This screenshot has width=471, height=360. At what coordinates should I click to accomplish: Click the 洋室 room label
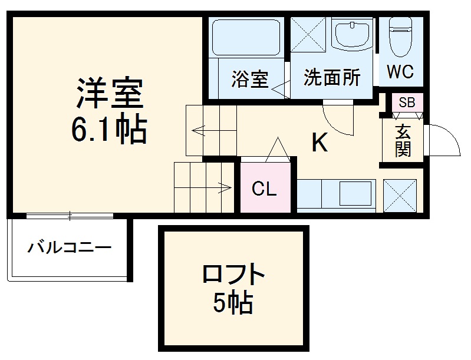click(109, 95)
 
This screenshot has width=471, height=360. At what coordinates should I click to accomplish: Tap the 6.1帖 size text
click(109, 130)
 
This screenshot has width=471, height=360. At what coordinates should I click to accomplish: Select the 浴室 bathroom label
click(251, 79)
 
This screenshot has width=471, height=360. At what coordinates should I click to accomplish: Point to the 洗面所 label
click(332, 77)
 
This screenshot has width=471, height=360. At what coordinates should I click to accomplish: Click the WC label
click(400, 72)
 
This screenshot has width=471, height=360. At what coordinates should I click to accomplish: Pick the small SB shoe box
click(407, 103)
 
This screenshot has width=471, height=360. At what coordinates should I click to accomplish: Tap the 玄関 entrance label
click(403, 141)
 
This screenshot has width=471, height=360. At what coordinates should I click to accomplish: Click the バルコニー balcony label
click(69, 247)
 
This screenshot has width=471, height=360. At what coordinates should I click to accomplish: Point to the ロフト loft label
click(233, 276)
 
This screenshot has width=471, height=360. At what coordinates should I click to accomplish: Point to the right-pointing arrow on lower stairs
click(225, 189)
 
